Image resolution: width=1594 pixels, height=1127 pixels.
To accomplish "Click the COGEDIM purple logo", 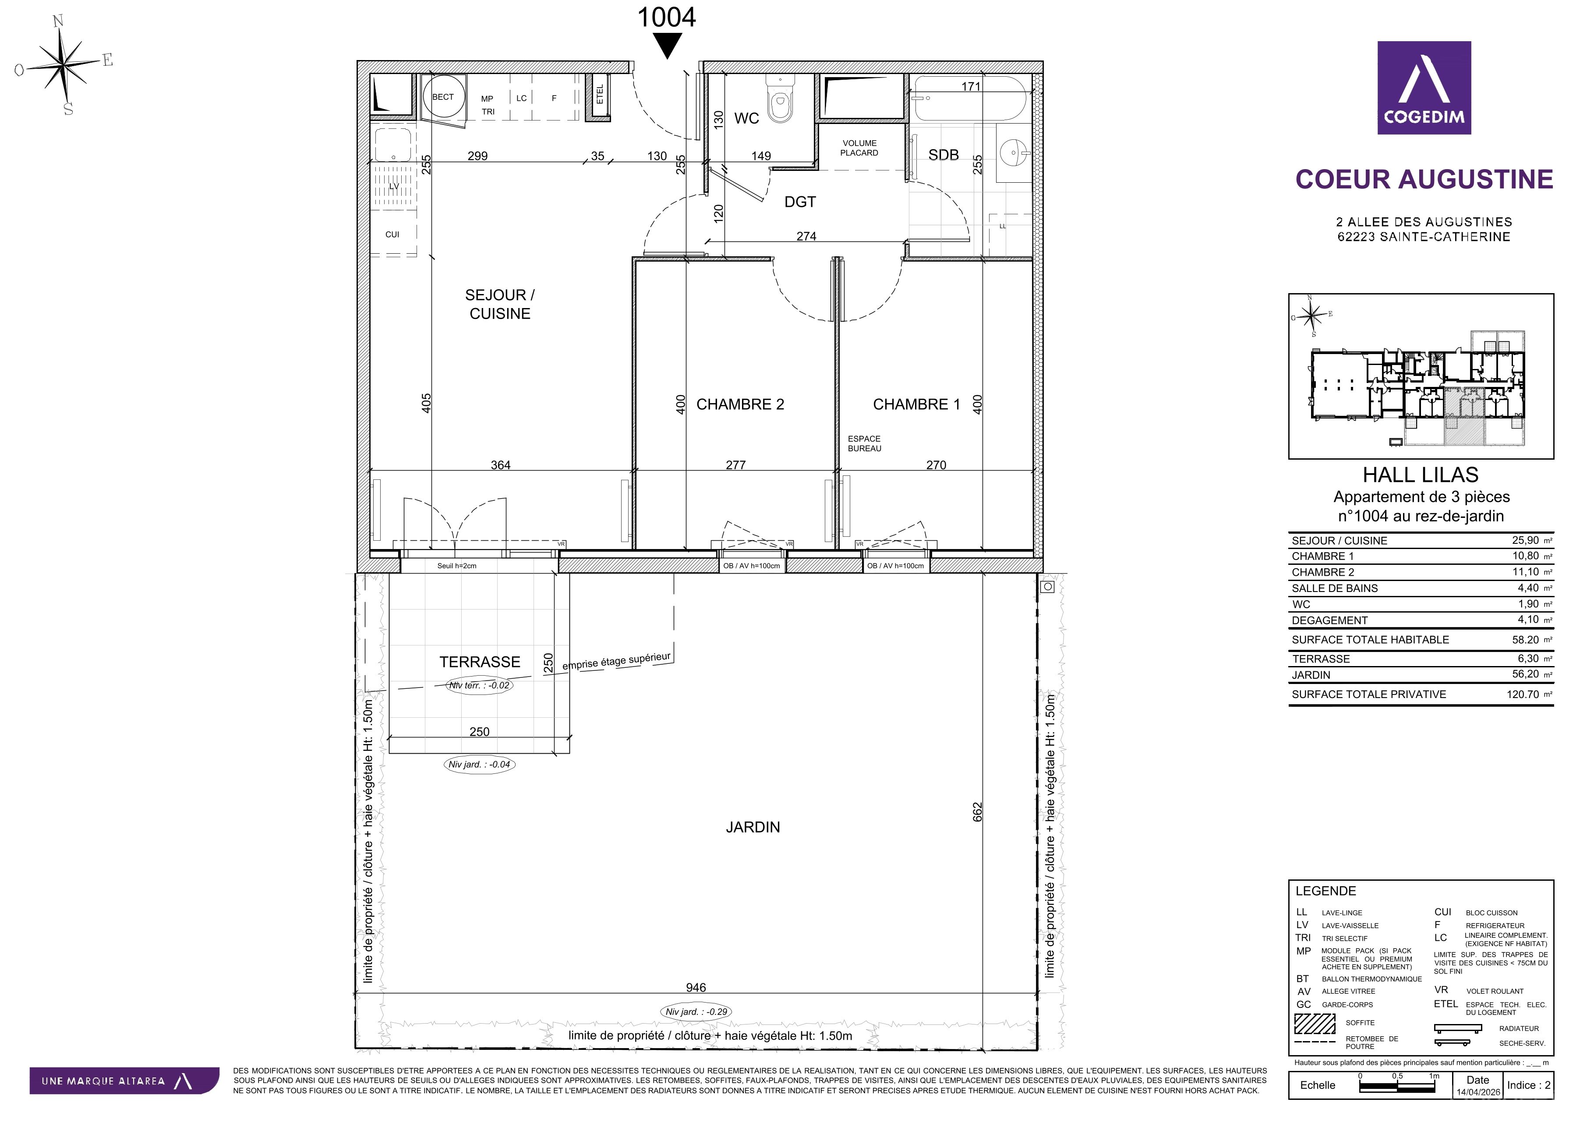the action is coord(1424,88).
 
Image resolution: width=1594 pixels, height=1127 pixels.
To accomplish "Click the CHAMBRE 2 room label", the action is coord(740,404).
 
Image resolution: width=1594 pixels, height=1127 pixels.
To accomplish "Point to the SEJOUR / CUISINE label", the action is coord(500,304).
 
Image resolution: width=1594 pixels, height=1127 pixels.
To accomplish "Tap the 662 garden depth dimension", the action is coord(978,812).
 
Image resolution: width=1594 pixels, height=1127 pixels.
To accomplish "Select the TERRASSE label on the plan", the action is coord(480,662).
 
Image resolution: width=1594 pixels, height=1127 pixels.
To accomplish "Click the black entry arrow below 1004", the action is coord(667,46).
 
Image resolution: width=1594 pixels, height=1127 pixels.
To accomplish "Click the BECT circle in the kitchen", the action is coord(443,97).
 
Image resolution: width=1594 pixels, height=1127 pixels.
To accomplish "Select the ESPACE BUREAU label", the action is coord(864,444).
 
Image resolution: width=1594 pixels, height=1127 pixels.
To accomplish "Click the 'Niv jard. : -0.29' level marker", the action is coord(696,1012).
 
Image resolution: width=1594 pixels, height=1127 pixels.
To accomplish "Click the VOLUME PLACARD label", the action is coord(859,148).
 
